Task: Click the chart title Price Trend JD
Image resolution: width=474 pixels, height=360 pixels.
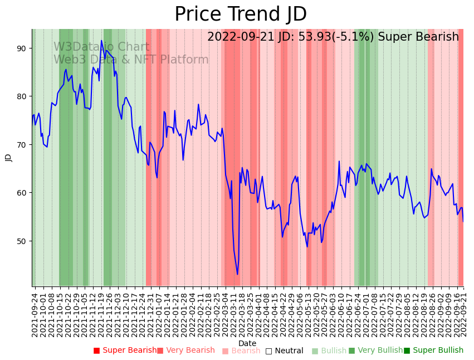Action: click(x=241, y=14)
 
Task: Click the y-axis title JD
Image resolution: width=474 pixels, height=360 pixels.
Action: click(x=8, y=158)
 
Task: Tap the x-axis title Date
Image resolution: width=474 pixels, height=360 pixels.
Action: click(x=247, y=343)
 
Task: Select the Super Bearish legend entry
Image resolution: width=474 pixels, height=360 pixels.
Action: click(x=125, y=351)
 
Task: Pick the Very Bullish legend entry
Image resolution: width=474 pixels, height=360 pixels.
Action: click(x=375, y=351)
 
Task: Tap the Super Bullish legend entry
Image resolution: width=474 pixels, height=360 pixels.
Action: click(x=433, y=351)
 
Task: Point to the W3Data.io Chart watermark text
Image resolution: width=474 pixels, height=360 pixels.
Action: click(x=101, y=47)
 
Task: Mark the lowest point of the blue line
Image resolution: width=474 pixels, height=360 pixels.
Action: click(x=237, y=274)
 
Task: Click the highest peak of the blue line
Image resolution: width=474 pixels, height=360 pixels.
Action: click(x=101, y=41)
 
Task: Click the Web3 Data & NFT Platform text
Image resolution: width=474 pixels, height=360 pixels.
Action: click(x=131, y=60)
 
